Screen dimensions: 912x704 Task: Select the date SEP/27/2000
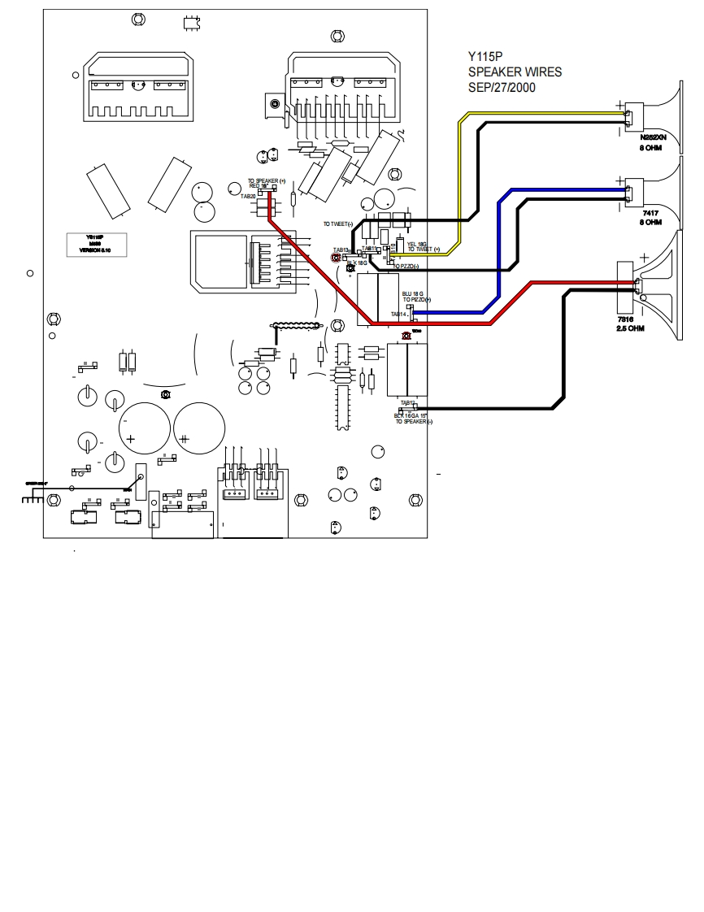tap(502, 85)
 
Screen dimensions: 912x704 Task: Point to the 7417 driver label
tap(649, 211)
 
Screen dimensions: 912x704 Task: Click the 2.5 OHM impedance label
tap(631, 328)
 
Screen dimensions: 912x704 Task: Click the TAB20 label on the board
tap(247, 197)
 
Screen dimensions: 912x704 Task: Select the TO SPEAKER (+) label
tap(267, 180)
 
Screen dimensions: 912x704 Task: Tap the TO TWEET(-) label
tap(339, 224)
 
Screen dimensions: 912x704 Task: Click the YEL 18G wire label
tap(416, 243)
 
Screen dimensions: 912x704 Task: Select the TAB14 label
tap(398, 314)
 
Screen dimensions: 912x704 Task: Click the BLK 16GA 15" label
tap(411, 415)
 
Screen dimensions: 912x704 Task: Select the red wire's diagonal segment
tap(317, 268)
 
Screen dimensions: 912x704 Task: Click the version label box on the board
tap(95, 245)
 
